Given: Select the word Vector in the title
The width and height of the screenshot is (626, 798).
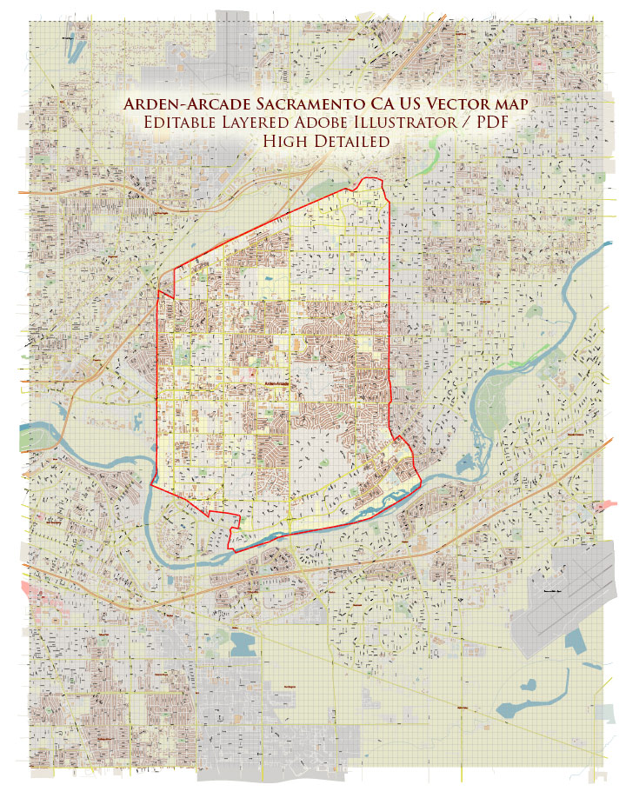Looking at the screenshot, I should (x=463, y=103).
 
